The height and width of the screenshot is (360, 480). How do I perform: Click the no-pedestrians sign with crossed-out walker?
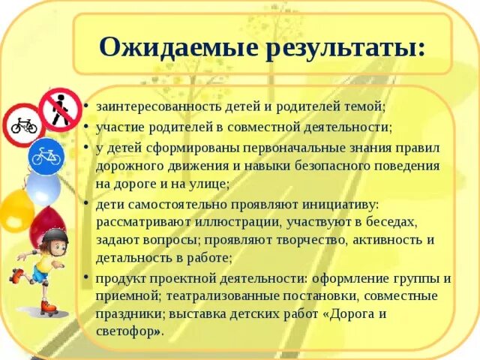(x=60, y=109)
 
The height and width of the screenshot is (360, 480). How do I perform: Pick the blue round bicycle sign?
(x=46, y=156)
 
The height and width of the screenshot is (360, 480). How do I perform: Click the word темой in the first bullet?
(x=365, y=107)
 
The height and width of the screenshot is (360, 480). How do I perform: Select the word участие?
(x=117, y=127)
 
